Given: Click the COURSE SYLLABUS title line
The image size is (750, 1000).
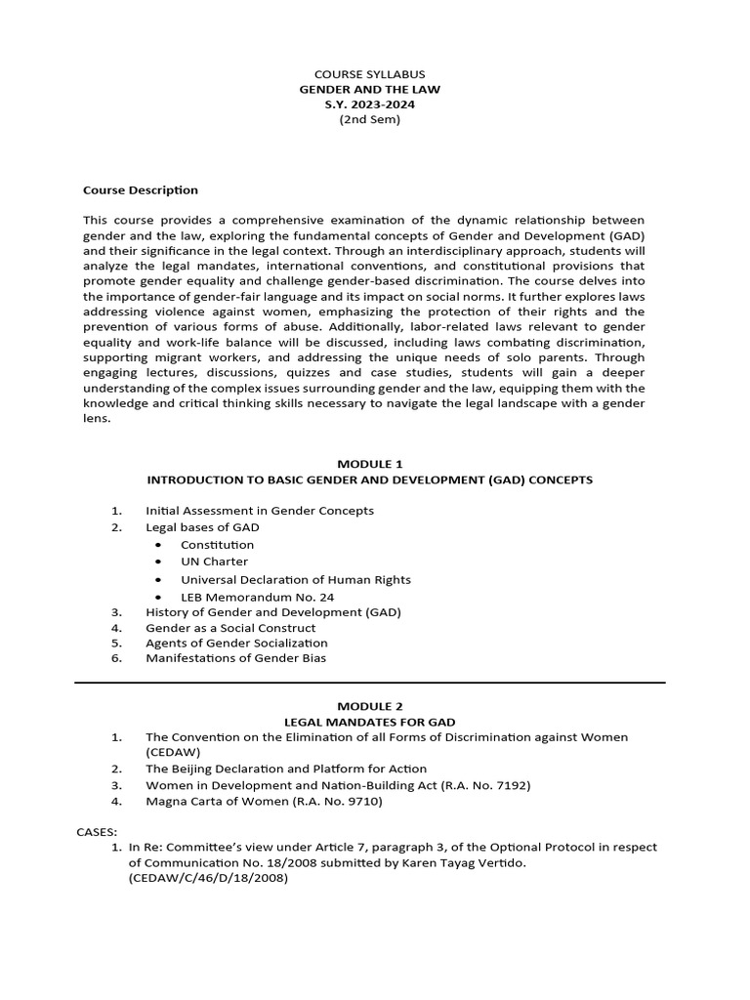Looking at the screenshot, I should (x=369, y=74).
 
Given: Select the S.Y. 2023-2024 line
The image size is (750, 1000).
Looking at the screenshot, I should (x=369, y=104).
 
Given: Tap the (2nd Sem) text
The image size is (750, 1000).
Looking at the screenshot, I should (x=369, y=120).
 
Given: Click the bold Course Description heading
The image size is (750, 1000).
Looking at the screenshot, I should (x=141, y=190).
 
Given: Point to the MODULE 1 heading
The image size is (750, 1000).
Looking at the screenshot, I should (x=369, y=464).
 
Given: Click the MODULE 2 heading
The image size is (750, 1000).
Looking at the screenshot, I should (x=369, y=706).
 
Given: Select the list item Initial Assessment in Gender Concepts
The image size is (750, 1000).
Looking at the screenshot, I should (x=259, y=511).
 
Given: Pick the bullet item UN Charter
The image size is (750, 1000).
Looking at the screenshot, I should (x=214, y=562).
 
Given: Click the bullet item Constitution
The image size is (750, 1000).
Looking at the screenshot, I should (x=217, y=545).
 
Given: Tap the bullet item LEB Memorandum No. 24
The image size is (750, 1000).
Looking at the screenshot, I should (x=250, y=597).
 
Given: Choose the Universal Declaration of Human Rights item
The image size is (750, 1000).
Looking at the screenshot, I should (x=295, y=579).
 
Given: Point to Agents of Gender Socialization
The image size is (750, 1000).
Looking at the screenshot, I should (x=236, y=643).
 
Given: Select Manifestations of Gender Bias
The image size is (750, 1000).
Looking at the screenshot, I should (x=235, y=658).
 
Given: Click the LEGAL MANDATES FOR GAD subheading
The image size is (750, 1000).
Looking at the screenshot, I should (x=369, y=722).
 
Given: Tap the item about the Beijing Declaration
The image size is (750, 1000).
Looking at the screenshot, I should (x=286, y=769).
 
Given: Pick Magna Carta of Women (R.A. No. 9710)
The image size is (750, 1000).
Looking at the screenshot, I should (x=264, y=802).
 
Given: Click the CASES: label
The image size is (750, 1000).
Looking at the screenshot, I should (x=96, y=831).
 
